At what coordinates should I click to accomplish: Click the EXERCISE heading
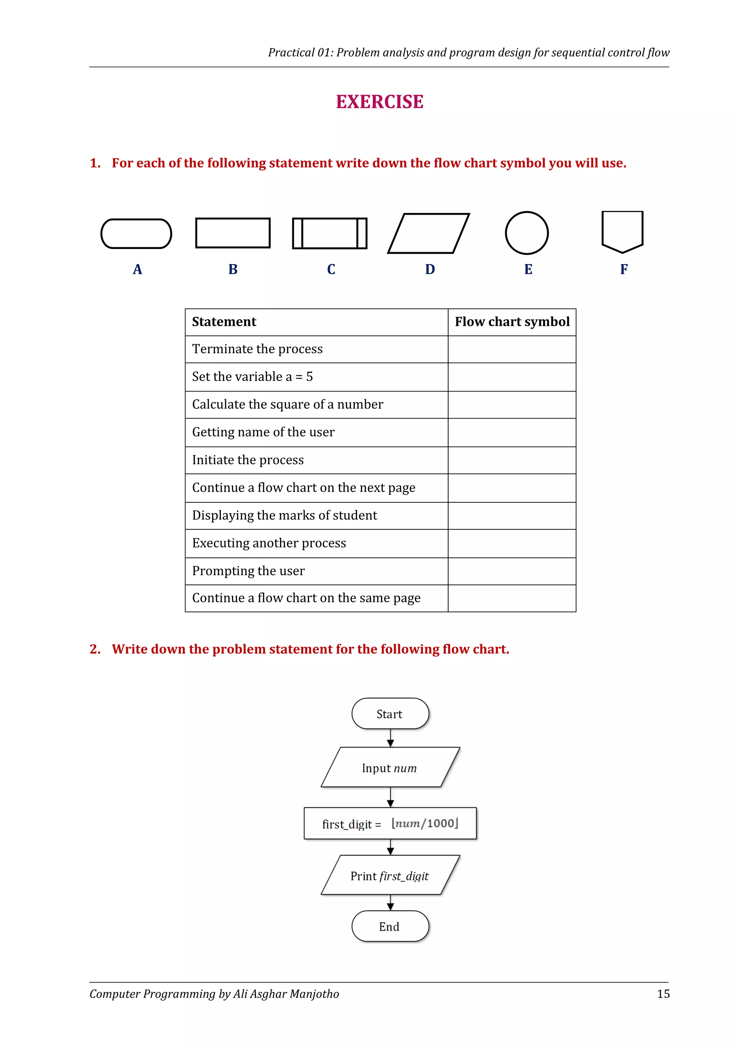380,101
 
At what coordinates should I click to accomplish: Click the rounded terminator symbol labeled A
136,233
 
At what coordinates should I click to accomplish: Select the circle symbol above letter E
526,233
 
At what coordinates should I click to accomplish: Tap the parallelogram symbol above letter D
428,233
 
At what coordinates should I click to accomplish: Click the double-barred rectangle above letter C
329,233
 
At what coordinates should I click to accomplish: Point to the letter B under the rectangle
233,270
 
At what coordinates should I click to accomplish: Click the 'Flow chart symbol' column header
512,322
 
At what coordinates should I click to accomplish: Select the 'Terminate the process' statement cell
257,349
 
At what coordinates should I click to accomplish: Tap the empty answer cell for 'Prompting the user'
512,571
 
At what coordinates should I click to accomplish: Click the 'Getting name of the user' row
263,432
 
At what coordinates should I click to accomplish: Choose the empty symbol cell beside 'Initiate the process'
512,460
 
